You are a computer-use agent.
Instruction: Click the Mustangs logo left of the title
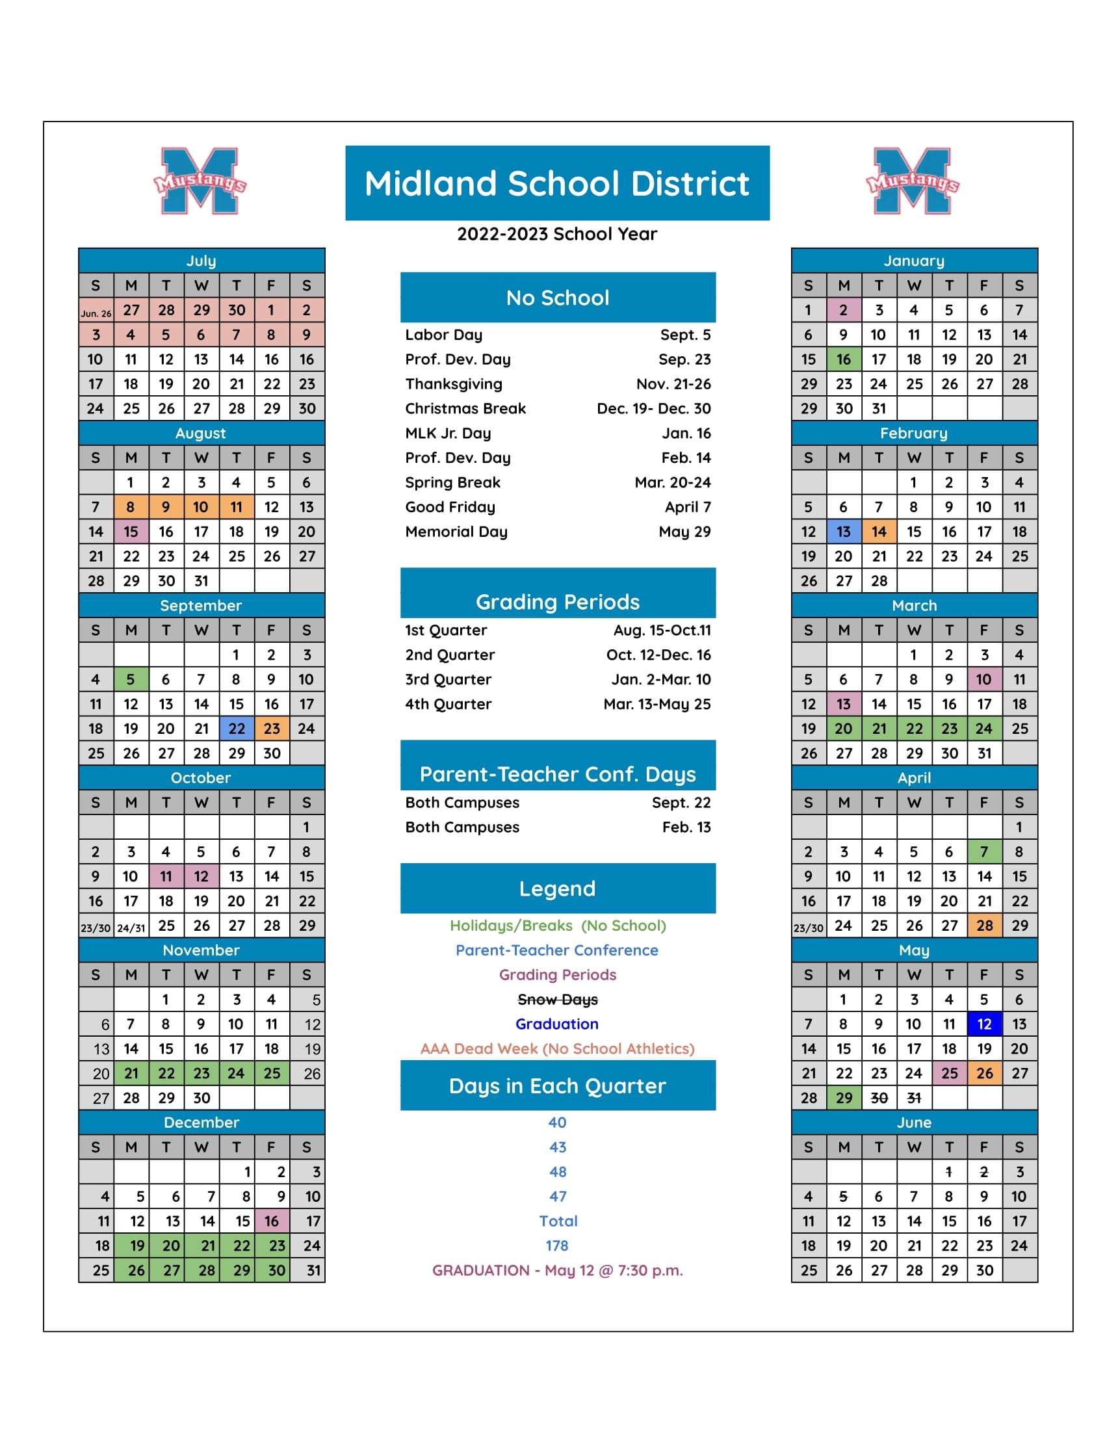click(200, 181)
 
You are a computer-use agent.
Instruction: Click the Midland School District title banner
click(557, 183)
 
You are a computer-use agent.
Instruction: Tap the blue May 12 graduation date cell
click(984, 1024)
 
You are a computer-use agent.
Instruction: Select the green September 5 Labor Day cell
click(131, 680)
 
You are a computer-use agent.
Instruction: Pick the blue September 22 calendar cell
click(237, 729)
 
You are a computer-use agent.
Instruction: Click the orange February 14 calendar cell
click(879, 532)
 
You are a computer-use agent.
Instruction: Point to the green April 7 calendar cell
click(984, 852)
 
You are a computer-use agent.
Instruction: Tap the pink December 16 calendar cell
click(272, 1221)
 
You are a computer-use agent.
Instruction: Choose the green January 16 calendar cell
click(843, 359)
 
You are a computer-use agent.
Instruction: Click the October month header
click(201, 778)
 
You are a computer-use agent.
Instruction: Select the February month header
click(914, 434)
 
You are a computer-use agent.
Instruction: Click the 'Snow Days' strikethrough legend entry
click(557, 1000)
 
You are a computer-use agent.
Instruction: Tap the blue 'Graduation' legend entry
click(557, 1024)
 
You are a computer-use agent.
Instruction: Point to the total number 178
click(557, 1246)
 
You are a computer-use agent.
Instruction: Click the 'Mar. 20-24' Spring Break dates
click(672, 482)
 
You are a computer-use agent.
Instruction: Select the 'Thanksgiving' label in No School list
click(454, 384)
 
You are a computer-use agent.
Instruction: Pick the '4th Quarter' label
click(448, 705)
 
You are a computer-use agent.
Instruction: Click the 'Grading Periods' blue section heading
click(557, 602)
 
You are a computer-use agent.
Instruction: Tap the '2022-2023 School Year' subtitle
click(557, 235)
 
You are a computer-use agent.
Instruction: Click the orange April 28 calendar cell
click(984, 926)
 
